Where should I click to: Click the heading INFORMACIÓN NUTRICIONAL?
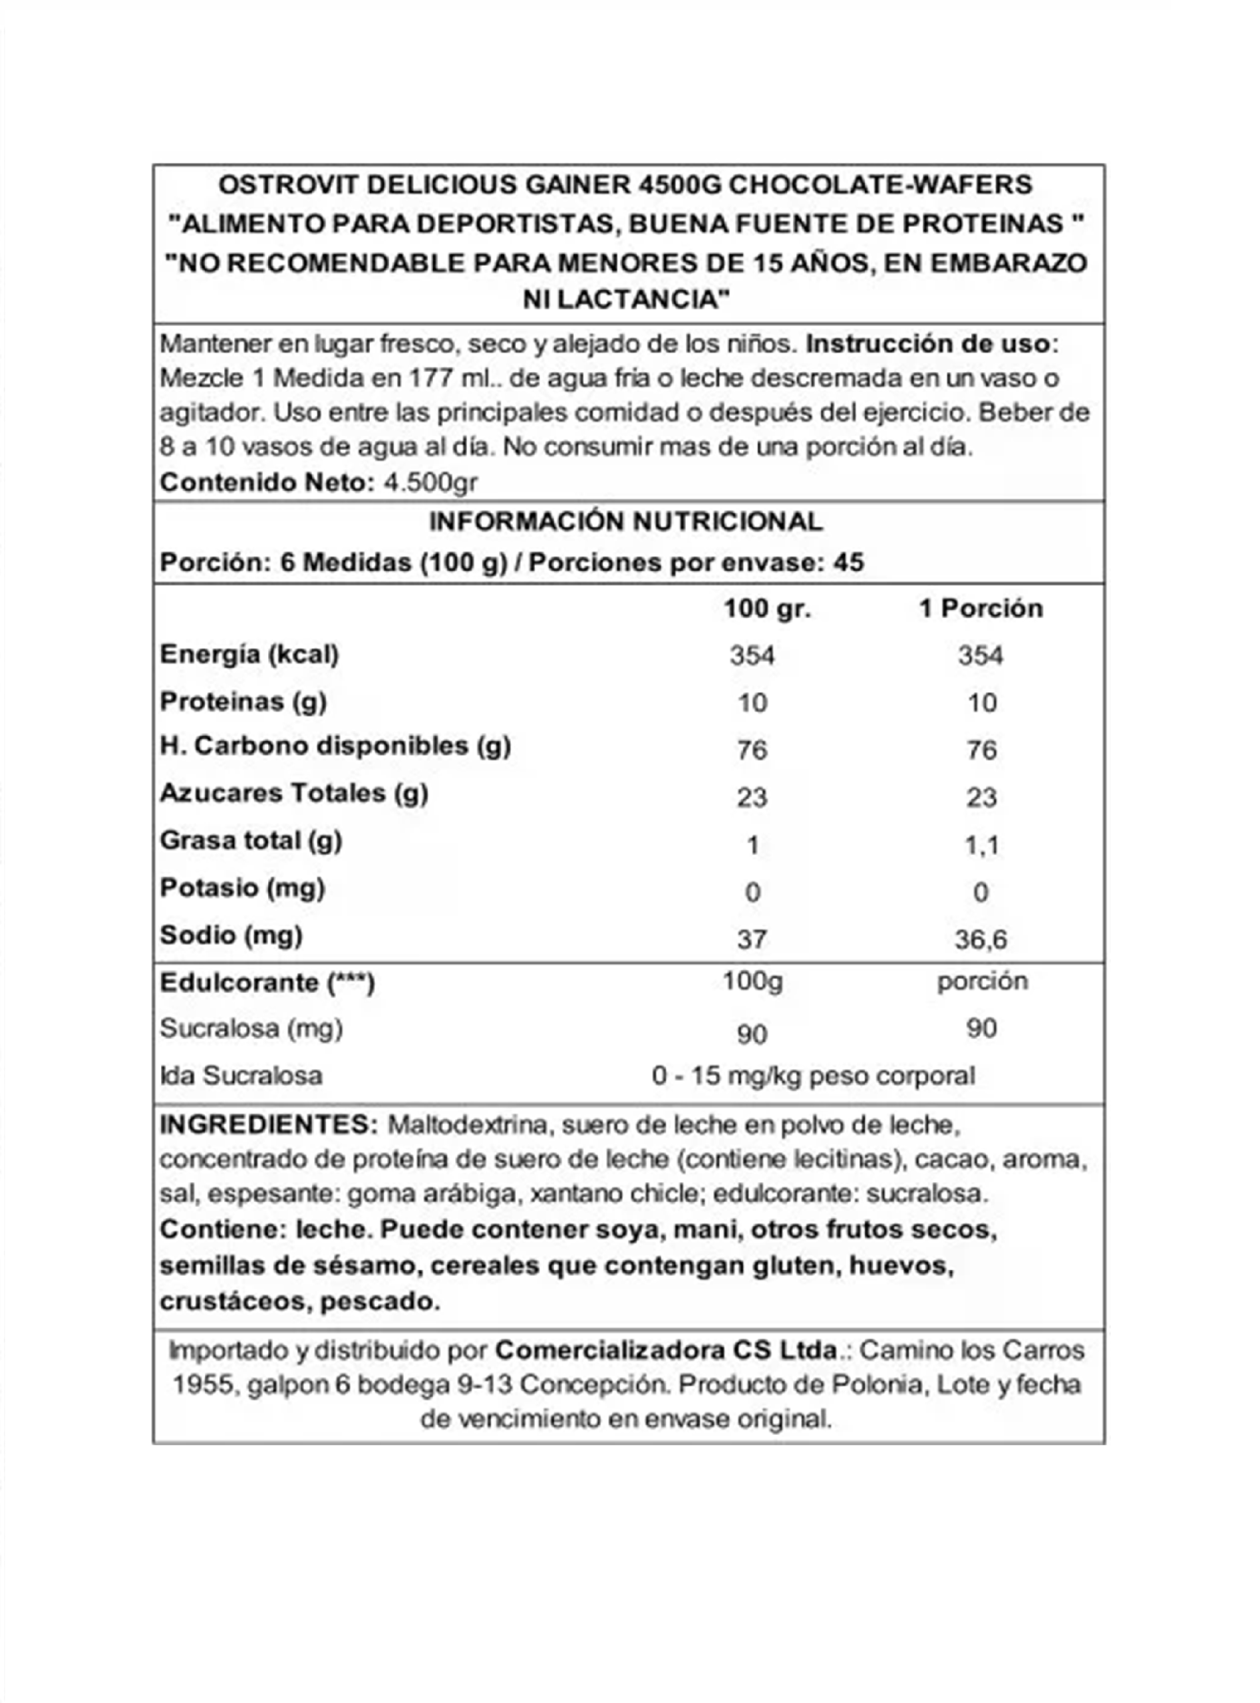pos(625,522)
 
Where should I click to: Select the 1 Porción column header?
pos(980,609)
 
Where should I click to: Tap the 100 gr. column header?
pos(766,609)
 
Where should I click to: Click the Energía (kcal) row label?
pos(249,655)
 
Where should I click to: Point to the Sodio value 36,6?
pos(981,939)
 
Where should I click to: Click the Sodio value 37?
pos(751,939)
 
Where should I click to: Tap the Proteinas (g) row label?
pos(243,702)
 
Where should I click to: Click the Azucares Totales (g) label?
pos(293,794)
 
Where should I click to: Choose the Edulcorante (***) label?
pos(267,983)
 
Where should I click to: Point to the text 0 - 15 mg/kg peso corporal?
pos(813,1076)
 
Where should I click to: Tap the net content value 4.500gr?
pos(430,483)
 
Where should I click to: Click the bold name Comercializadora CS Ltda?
pos(667,1350)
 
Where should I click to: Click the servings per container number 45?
pos(848,563)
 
